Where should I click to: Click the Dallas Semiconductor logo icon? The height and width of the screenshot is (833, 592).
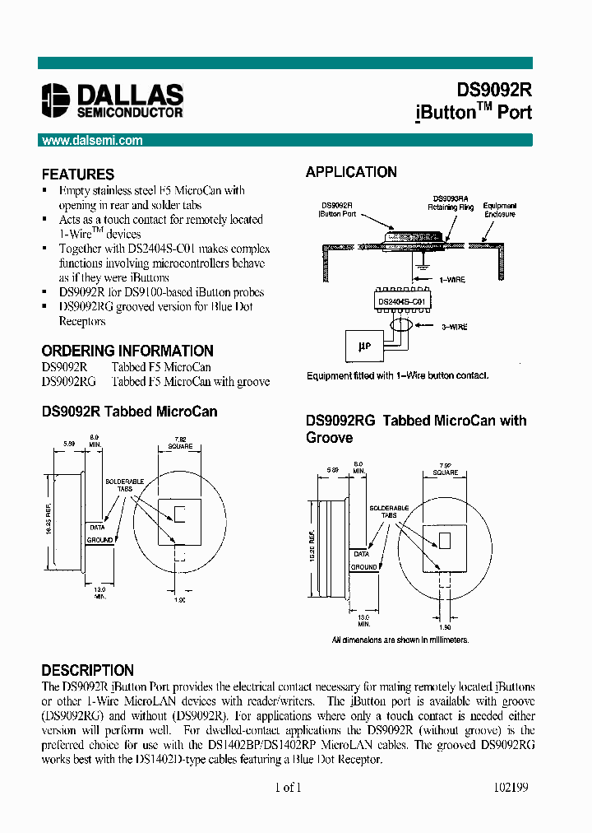(x=56, y=101)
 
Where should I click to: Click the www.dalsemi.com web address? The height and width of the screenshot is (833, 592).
(x=92, y=141)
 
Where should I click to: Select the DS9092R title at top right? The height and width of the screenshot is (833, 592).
(x=494, y=91)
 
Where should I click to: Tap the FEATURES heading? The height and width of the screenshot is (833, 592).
(x=78, y=175)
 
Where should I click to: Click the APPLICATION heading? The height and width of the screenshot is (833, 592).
(x=351, y=172)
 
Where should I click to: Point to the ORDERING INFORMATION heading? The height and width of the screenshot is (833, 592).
(x=127, y=351)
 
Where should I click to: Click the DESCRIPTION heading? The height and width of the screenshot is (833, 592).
(x=87, y=670)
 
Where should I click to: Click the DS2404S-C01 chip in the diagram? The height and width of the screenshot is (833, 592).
(x=401, y=302)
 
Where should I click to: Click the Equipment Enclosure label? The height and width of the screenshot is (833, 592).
(x=499, y=210)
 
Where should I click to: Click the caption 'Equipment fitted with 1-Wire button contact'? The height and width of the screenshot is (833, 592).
(x=397, y=375)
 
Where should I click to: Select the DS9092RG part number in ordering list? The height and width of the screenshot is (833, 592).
(x=68, y=381)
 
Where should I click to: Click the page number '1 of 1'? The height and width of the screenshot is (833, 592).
(x=288, y=787)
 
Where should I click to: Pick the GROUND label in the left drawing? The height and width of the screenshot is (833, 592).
(x=99, y=540)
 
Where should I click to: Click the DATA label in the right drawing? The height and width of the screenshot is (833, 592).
(x=362, y=554)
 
